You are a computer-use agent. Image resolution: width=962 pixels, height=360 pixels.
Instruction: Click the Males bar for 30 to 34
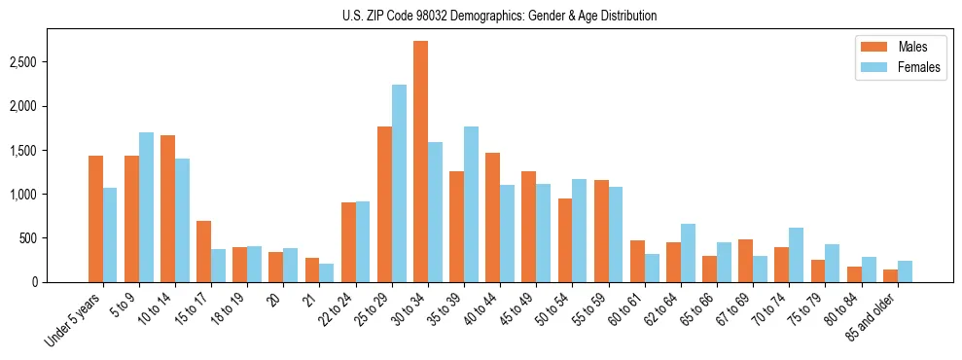[420, 162]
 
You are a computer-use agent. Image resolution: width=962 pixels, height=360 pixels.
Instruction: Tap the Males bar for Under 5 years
[95, 219]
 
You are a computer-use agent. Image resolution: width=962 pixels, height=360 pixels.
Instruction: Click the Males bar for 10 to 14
[167, 208]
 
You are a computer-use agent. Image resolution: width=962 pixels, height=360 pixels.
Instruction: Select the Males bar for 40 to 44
[492, 217]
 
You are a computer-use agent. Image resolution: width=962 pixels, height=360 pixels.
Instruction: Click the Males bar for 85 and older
[890, 275]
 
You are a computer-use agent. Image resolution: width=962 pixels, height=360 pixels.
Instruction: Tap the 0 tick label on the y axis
[35, 282]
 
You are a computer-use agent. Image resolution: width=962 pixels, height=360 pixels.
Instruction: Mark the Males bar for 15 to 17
[203, 251]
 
